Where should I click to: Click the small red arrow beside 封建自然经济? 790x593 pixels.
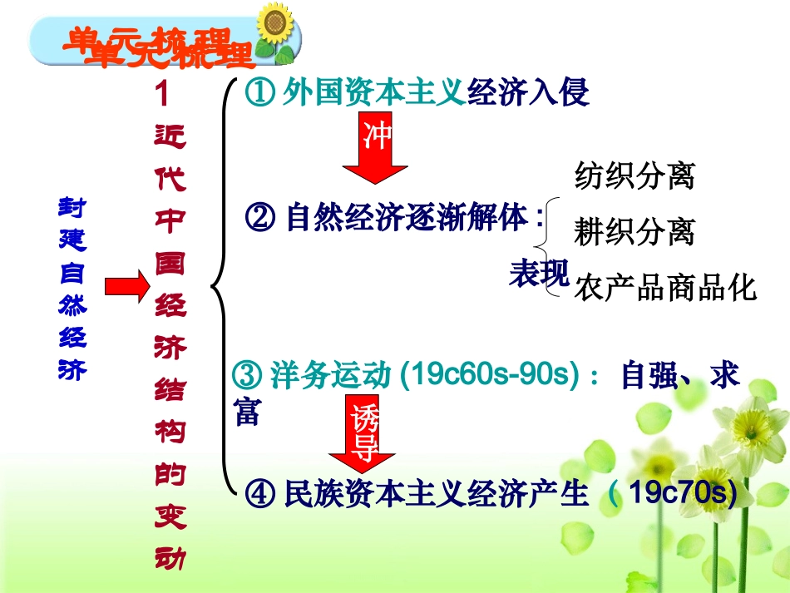pyautogui.click(x=126, y=289)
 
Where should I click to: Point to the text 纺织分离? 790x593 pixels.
pyautogui.click(x=634, y=176)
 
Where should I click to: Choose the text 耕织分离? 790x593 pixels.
pyautogui.click(x=634, y=232)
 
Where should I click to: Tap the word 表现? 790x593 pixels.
pyautogui.click(x=539, y=274)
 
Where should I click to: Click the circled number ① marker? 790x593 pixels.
pyautogui.click(x=259, y=93)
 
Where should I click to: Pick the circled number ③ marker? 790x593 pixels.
pyautogui.click(x=247, y=376)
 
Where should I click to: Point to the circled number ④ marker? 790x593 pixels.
pyautogui.click(x=261, y=495)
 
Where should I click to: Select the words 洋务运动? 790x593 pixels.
pyautogui.click(x=330, y=376)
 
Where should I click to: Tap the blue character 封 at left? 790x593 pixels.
pyautogui.click(x=72, y=206)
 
